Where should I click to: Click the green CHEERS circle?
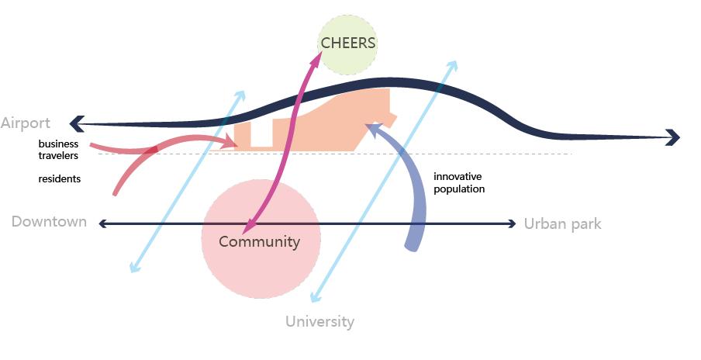coord(348,44)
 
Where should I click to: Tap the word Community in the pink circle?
coord(259,242)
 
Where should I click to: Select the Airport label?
coord(26,123)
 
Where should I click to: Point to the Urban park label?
coord(562,224)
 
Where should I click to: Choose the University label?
coord(319,321)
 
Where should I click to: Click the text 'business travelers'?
coord(59,150)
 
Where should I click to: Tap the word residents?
coord(60,179)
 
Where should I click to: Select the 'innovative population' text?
coord(459,182)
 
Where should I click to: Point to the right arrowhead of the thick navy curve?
coord(674,138)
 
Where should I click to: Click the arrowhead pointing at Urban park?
coord(511,224)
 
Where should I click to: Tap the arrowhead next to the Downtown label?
coord(103,224)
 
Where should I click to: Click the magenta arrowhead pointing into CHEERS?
coord(322,51)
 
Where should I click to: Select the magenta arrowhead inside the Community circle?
coord(247,228)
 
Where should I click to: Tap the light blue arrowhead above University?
coord(315,297)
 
